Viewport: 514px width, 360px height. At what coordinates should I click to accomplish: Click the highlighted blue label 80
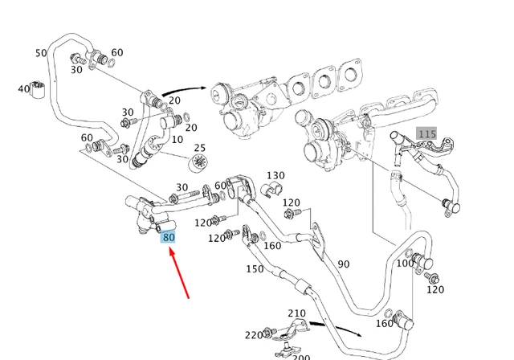tap(169, 237)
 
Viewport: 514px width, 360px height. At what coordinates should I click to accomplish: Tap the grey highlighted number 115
tap(426, 133)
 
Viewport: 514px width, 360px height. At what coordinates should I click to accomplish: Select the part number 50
tap(41, 53)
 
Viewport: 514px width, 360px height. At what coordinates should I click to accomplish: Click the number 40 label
tap(23, 88)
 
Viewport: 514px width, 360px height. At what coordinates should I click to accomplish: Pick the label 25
tap(200, 148)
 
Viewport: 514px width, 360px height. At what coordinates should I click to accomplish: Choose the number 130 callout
tap(275, 175)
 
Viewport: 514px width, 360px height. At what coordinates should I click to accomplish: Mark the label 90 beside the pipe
tap(344, 264)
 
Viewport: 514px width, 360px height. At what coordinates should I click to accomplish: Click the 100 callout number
tap(406, 263)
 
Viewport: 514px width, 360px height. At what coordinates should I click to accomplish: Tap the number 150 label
tap(254, 268)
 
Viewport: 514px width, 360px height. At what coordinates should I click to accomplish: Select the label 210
tap(296, 313)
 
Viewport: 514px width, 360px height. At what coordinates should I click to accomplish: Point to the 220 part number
tap(254, 335)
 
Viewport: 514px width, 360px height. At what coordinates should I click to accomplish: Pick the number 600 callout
tap(222, 185)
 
